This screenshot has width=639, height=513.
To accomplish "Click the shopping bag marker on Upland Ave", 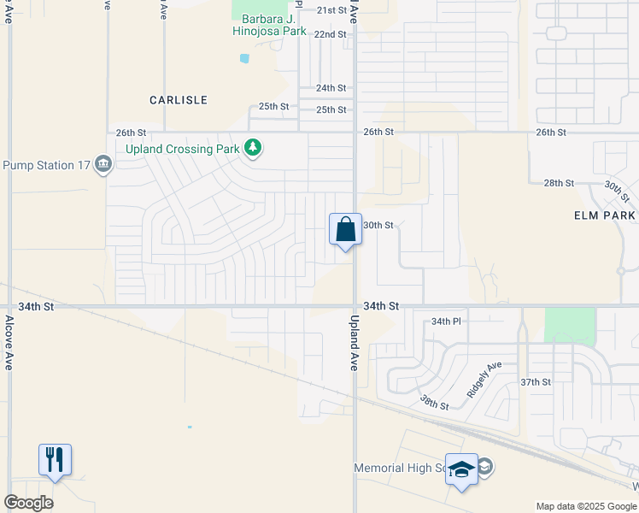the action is coord(345,230).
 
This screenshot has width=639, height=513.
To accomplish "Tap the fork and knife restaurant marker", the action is coord(55,461).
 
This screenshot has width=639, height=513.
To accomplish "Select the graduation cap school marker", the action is coord(461,469).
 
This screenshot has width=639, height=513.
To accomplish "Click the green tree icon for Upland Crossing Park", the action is coord(252,149).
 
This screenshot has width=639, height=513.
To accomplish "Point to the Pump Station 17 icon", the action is coord(103,163).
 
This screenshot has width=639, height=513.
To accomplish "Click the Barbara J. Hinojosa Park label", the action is coord(269,25).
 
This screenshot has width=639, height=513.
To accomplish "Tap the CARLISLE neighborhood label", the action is coord(179,100).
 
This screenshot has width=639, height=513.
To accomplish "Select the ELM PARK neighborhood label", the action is coord(605,216).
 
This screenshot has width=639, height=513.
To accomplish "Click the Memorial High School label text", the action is coord(398,469).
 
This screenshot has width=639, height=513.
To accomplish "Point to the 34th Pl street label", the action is coord(446,321).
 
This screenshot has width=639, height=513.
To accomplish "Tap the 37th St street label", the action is coord(535,381).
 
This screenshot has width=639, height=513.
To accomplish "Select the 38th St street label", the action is coord(434,401).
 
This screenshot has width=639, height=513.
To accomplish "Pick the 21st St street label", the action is coord(331,10).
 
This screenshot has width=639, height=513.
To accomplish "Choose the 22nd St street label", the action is coord(330,34).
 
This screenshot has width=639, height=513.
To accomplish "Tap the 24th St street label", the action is coord(331,88).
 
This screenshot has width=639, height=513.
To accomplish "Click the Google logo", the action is coord(28,502).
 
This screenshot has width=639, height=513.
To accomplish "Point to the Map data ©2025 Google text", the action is coord(586,506).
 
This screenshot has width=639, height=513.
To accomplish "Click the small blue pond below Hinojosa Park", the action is coord(245,58).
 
